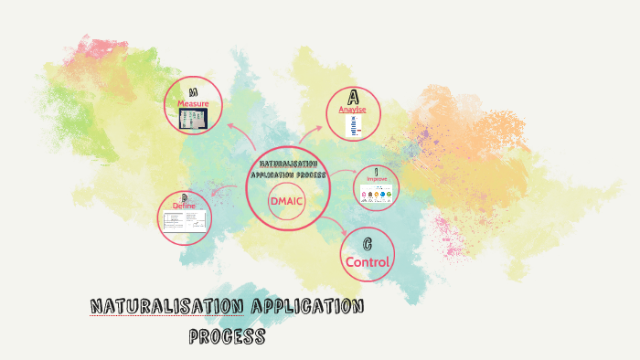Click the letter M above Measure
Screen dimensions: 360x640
tap(194, 92)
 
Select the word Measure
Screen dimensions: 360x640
tap(193, 104)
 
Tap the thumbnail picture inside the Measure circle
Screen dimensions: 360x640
tap(193, 121)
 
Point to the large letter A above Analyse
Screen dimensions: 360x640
tap(353, 97)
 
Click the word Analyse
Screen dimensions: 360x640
tap(353, 110)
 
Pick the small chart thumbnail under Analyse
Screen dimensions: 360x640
tap(353, 127)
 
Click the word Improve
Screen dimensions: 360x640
tap(377, 179)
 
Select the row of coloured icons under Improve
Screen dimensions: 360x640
tap(377, 196)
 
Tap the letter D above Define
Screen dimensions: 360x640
tap(184, 197)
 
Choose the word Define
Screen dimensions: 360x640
tap(184, 206)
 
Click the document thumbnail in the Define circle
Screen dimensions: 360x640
tap(184, 221)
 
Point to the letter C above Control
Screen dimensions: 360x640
tap(367, 244)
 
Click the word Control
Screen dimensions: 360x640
tap(367, 262)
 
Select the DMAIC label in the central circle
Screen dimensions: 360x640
tap(286, 200)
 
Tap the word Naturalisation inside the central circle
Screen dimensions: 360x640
tap(287, 164)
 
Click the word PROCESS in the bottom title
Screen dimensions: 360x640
tap(227, 336)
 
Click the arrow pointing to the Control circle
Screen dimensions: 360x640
tap(341, 228)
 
